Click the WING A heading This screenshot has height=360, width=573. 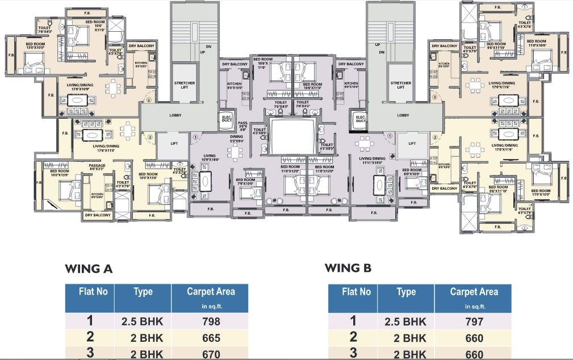click(x=89, y=269)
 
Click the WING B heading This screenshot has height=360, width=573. click(x=348, y=268)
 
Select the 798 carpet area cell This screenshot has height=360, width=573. click(x=211, y=321)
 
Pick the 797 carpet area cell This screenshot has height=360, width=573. click(x=474, y=321)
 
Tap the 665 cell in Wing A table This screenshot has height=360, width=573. click(x=211, y=338)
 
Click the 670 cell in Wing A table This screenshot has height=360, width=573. click(x=211, y=354)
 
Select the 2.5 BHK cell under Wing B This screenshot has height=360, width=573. click(x=405, y=321)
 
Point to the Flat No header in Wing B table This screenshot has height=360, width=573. click(x=356, y=292)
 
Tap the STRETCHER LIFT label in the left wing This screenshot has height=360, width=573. click(x=184, y=85)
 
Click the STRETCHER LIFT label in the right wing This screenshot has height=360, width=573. click(x=401, y=85)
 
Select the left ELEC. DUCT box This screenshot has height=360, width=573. click(x=225, y=120)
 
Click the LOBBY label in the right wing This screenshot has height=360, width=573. click(x=403, y=115)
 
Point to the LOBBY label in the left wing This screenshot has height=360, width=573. click(x=175, y=115)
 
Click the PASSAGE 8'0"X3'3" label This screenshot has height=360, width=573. click(x=97, y=167)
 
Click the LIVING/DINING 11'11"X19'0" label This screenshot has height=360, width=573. click(x=373, y=160)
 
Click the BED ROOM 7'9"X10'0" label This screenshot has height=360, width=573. click(x=245, y=181)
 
